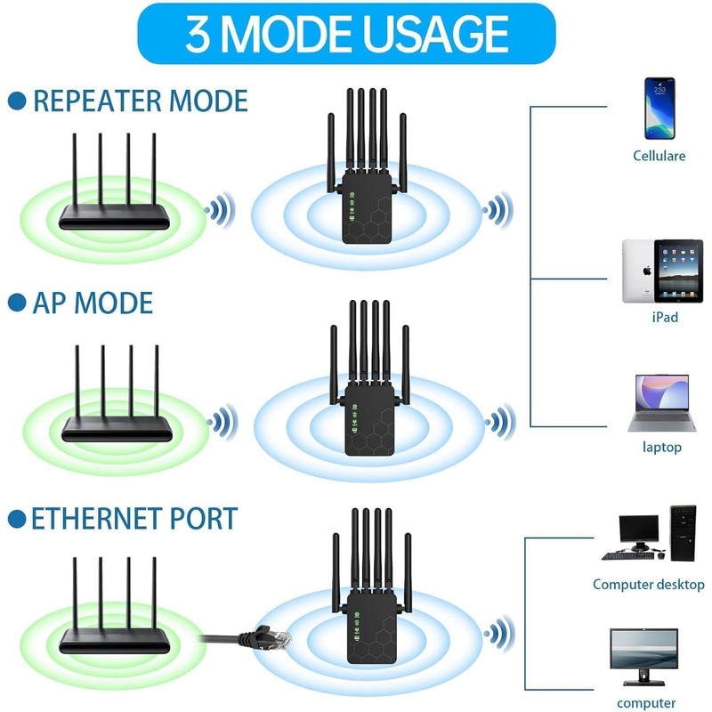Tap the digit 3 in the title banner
[x=198, y=34]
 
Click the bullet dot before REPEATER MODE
[x=17, y=101]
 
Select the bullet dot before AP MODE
[x=17, y=303]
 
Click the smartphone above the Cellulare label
[x=659, y=109]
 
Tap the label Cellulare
[x=659, y=156]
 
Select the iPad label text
[x=665, y=317]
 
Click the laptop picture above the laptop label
[x=661, y=403]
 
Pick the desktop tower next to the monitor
[x=683, y=532]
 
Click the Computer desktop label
[x=649, y=584]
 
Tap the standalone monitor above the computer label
[x=643, y=657]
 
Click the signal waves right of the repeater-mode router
[x=220, y=210]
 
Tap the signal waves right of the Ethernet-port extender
[x=499, y=634]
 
